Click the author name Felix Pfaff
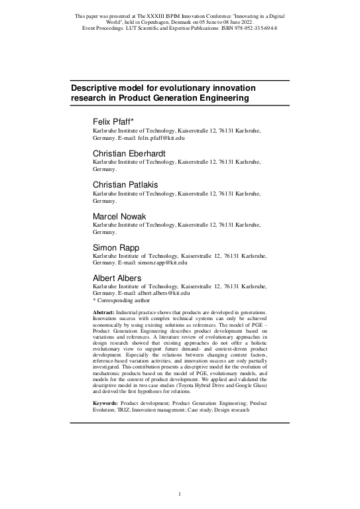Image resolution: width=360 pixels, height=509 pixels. (x=113, y=123)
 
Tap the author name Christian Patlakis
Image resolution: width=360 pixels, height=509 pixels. (x=126, y=184)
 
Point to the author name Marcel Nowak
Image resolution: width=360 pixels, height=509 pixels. (x=118, y=215)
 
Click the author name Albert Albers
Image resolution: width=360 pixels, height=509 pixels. (x=119, y=278)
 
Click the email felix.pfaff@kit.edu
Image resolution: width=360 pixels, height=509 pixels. (x=160, y=138)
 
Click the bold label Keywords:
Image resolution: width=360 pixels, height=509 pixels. (x=106, y=403)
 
